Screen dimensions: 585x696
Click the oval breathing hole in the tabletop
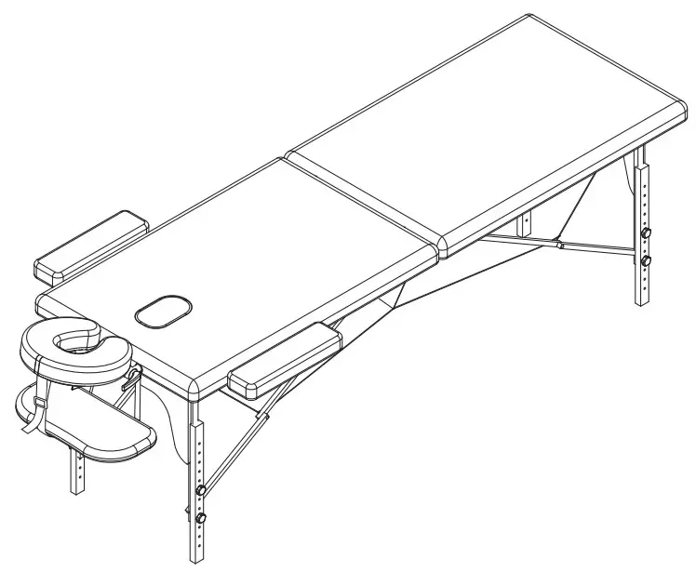coord(163,312)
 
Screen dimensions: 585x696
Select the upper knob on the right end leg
coord(646,233)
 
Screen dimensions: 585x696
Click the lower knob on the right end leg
coord(645,261)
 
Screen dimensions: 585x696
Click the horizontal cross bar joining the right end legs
coord(558,246)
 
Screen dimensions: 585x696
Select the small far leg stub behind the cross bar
coord(526,224)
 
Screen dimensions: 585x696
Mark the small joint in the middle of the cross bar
coord(560,246)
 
